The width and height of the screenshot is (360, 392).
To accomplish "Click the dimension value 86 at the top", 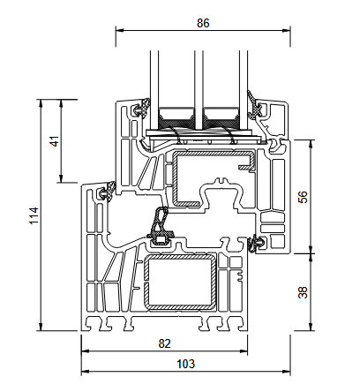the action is click(203, 23).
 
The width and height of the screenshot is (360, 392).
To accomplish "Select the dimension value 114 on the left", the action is click(34, 215).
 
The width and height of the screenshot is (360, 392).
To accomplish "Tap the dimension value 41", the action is click(55, 141).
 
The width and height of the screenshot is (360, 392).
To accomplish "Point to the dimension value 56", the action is click(303, 197).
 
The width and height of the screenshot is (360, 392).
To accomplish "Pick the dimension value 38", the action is click(303, 292).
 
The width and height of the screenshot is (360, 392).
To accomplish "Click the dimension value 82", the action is click(164, 343).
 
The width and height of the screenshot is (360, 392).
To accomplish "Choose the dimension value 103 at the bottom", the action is click(185, 364).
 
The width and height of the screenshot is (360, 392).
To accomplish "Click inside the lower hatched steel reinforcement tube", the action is click(179, 283).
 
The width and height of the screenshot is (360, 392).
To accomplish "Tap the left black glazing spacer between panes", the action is click(176, 121).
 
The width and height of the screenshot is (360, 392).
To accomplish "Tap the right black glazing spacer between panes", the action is click(221, 121).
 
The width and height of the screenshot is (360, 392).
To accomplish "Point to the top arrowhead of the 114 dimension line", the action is click(41, 104).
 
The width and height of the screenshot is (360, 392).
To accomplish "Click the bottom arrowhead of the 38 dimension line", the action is click(311, 327).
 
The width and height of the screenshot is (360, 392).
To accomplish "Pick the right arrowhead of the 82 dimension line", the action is click(244, 351).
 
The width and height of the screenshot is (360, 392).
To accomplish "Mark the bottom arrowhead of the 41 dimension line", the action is click(61, 178).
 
